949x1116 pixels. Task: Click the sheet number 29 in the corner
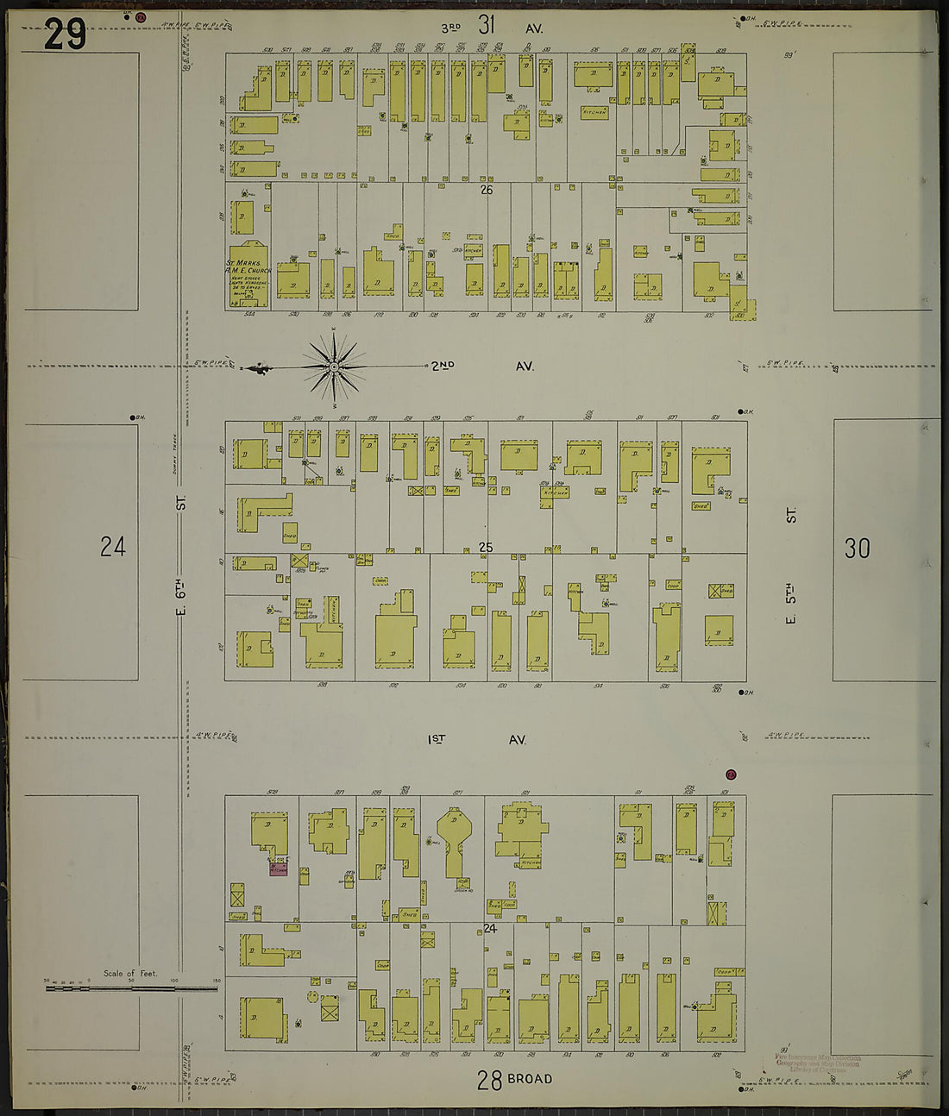pyautogui.click(x=65, y=34)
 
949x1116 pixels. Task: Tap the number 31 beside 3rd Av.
pyautogui.click(x=487, y=25)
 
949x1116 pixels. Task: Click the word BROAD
pyautogui.click(x=530, y=1079)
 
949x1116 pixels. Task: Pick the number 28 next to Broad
pyautogui.click(x=489, y=1080)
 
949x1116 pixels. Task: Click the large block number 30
pyautogui.click(x=857, y=548)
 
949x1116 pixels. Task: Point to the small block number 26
pyautogui.click(x=487, y=190)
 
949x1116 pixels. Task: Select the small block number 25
pyautogui.click(x=487, y=547)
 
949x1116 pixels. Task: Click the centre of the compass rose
pyautogui.click(x=334, y=368)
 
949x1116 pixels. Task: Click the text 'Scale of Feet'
pyautogui.click(x=130, y=974)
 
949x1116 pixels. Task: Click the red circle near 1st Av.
pyautogui.click(x=731, y=774)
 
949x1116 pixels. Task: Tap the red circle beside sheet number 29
pyautogui.click(x=141, y=16)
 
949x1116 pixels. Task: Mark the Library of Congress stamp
pyautogui.click(x=817, y=1063)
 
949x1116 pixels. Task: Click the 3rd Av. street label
pyautogui.click(x=491, y=28)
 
